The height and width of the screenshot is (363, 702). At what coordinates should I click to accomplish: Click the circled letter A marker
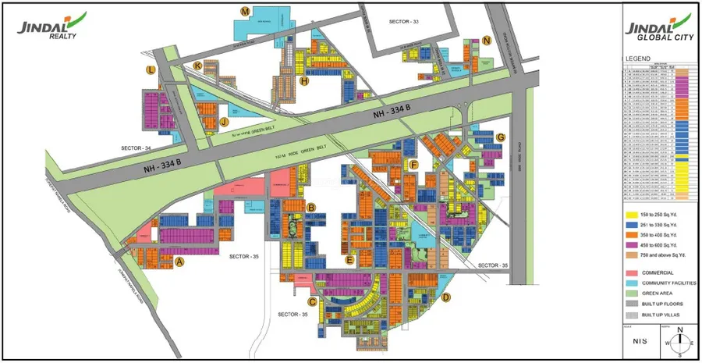tap(180, 262)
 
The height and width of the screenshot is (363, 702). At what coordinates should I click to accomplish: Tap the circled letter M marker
tap(245, 12)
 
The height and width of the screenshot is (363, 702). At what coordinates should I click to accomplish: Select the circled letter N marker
tap(487, 41)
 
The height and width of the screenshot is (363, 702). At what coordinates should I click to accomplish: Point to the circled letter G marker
tap(500, 137)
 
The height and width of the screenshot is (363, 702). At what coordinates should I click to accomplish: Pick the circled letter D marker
tap(446, 297)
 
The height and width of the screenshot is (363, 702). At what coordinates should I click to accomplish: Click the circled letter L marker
tap(151, 69)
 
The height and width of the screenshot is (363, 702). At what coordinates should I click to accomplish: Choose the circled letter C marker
tap(313, 301)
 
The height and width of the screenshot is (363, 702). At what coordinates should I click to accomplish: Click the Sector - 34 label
tap(136, 148)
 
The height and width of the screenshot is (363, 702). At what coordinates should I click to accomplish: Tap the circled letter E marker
tap(350, 259)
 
